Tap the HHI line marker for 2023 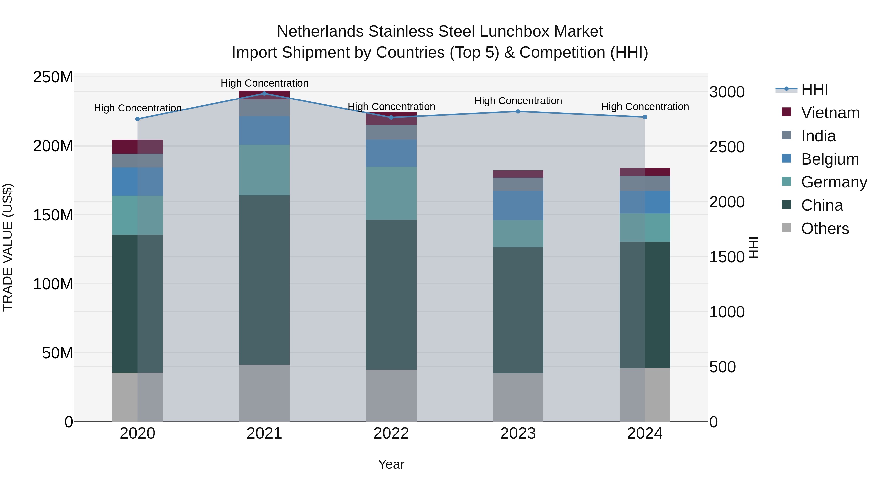[x=518, y=111]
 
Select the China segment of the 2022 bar [x=391, y=295]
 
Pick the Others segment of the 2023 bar [x=518, y=397]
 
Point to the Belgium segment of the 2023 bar [x=518, y=205]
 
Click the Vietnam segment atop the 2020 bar [x=137, y=147]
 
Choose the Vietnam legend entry [x=830, y=113]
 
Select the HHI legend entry [x=814, y=89]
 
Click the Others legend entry [x=825, y=229]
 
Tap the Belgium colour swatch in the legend [x=786, y=158]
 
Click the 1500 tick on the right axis [x=727, y=257]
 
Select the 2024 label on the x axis [x=645, y=433]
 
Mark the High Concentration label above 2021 [x=264, y=83]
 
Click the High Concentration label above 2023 [x=518, y=101]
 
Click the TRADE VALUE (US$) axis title [x=8, y=247]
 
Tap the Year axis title [x=391, y=464]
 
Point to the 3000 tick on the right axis [x=727, y=92]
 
